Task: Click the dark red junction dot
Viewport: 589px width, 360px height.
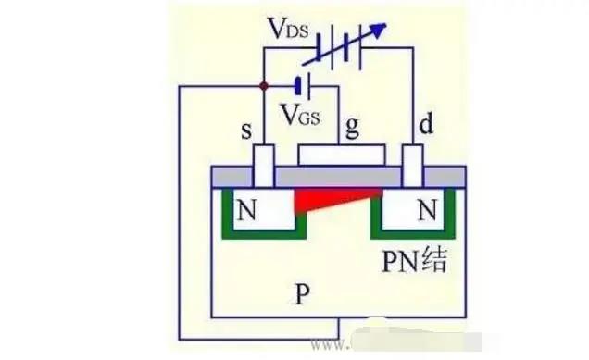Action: pyautogui.click(x=264, y=85)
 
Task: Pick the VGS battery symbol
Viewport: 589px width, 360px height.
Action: pyautogui.click(x=299, y=86)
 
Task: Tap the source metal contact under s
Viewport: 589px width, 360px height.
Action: pyautogui.click(x=264, y=168)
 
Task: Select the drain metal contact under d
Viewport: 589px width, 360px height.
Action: pyautogui.click(x=413, y=168)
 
